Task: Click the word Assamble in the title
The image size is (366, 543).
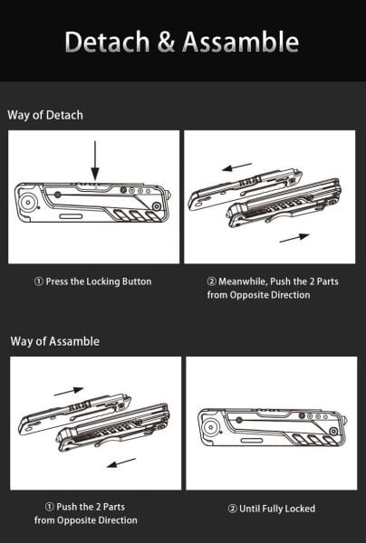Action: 240,42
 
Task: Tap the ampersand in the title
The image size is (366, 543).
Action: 166,42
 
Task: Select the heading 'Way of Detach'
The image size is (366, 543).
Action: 45,115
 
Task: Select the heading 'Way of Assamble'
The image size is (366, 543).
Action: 55,341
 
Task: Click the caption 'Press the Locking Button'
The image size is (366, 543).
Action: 91,281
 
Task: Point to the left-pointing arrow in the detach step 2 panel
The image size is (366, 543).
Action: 236,167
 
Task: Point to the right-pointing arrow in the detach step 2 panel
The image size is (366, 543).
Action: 294,238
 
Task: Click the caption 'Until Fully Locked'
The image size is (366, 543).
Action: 270,509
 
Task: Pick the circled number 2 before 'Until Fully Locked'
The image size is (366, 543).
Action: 232,509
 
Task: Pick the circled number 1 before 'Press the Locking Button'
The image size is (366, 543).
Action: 38,281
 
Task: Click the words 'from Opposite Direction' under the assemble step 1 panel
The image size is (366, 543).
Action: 86,520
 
